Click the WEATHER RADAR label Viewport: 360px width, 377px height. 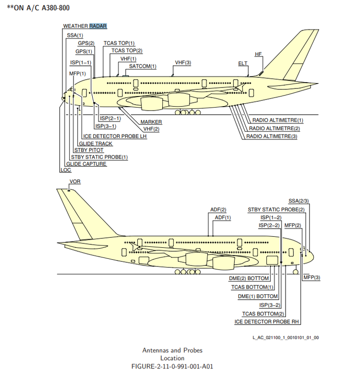[85, 26]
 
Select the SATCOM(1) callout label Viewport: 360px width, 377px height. [140, 66]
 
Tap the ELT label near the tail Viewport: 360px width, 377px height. [243, 63]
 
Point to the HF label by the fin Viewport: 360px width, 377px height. [258, 54]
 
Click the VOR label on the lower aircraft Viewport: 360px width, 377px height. [75, 182]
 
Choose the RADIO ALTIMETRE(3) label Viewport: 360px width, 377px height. [272, 136]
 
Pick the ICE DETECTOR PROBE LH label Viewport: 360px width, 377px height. [114, 136]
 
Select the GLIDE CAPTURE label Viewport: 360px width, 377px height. [86, 164]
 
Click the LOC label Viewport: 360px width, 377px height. [65, 170]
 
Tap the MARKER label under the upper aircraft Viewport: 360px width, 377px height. [151, 122]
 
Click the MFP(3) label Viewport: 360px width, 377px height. [312, 278]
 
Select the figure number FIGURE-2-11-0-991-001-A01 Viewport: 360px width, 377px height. [172, 366]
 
